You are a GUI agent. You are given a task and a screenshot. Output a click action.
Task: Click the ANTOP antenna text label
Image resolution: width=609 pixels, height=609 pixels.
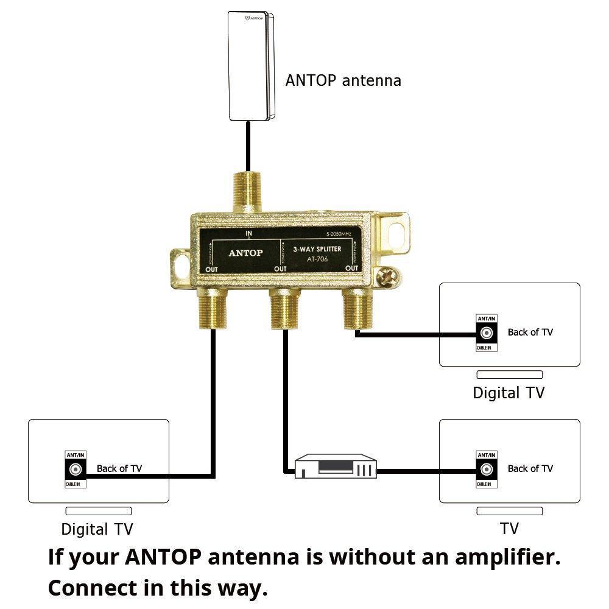click(343, 80)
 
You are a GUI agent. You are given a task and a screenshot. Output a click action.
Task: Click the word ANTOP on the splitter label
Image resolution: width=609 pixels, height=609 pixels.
click(245, 253)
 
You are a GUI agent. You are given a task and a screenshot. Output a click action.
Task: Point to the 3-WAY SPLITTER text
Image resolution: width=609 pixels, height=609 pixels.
click(317, 249)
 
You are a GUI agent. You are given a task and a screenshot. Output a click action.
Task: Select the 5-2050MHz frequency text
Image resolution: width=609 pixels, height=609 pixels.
click(342, 234)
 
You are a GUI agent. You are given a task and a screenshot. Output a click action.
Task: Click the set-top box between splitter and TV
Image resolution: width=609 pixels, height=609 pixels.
click(336, 467)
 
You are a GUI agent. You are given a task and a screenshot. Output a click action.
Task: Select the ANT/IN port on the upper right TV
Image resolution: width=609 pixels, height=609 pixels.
click(487, 333)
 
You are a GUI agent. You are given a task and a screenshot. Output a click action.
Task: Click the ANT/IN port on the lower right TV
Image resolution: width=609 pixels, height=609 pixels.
click(487, 470)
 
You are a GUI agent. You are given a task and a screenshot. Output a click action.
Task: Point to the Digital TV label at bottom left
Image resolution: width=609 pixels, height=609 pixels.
click(97, 529)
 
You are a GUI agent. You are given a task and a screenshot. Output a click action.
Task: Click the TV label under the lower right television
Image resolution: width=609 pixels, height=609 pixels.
click(509, 528)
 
